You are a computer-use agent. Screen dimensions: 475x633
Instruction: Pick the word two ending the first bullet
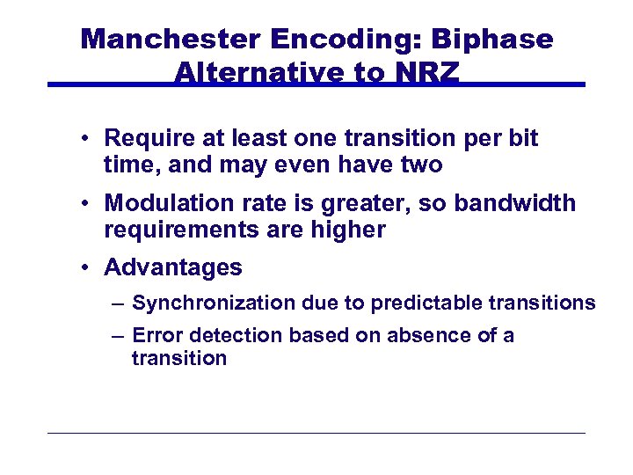click(422, 164)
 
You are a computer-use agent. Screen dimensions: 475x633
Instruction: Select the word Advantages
click(173, 267)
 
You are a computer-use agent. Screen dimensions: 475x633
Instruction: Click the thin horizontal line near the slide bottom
click(316, 433)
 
